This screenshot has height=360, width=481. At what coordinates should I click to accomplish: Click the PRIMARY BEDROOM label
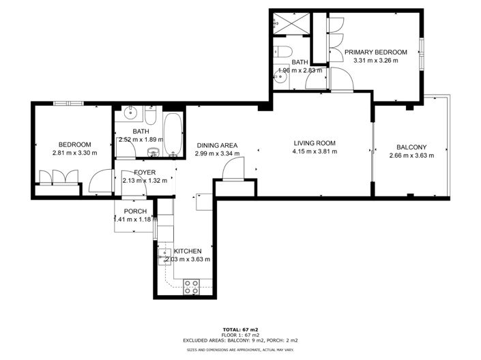pos(375,52)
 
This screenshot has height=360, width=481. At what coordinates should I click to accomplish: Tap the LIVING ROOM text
pos(315,143)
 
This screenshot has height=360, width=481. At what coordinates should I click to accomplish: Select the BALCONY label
pos(407,147)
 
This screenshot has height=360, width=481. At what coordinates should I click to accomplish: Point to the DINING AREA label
pos(216,145)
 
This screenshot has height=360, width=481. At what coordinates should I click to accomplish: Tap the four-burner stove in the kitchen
pos(191,287)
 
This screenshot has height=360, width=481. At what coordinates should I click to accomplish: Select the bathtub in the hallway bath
pos(173,132)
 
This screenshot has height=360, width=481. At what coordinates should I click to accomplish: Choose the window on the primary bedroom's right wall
pos(422,53)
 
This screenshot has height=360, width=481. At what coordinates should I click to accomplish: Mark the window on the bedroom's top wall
pos(70,104)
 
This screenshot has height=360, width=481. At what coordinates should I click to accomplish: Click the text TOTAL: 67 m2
pos(240,329)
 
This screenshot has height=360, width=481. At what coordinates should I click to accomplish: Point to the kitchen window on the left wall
pos(156,228)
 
